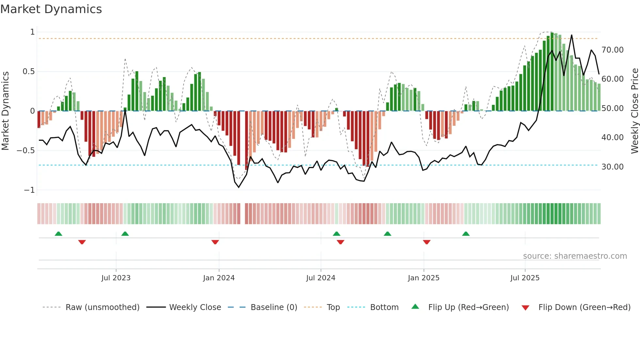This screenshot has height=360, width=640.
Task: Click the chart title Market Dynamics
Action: [x=51, y=9]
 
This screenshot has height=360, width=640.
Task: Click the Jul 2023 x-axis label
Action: [x=116, y=278]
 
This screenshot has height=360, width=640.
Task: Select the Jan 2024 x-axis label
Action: [x=219, y=278]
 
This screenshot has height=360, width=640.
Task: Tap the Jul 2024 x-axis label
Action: [x=321, y=278]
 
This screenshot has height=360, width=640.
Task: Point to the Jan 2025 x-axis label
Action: [x=424, y=278]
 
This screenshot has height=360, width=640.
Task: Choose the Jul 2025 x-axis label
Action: [x=525, y=278]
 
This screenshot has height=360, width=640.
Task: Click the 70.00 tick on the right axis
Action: [x=612, y=50]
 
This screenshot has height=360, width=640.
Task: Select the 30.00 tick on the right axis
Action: [x=612, y=167]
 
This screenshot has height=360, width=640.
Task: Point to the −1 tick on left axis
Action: [x=29, y=190]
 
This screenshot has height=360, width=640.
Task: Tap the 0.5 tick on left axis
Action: [x=29, y=72]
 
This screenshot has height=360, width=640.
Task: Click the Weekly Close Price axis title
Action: [x=634, y=111]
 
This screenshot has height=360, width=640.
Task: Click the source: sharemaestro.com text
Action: [x=575, y=256]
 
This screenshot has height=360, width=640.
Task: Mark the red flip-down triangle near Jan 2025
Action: [x=426, y=242]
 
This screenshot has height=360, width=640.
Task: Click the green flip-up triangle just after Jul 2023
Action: [x=125, y=234]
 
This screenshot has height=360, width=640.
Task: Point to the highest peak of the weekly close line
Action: [x=571, y=35]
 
